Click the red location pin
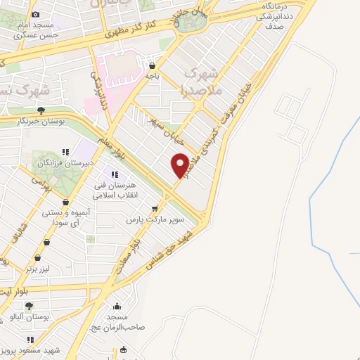(x=181, y=165)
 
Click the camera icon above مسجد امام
(x=36, y=14)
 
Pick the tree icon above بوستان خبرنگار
(x=41, y=110)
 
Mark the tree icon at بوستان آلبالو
(x=30, y=306)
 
